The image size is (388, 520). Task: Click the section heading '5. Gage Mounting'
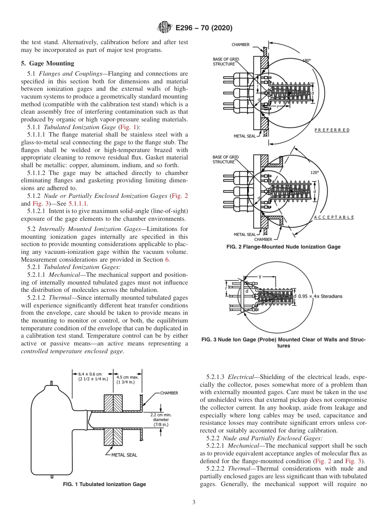[47, 63]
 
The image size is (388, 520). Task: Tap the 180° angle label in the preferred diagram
[306, 61]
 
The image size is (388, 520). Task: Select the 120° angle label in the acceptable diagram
[314, 173]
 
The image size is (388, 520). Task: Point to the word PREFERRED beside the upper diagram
[332, 130]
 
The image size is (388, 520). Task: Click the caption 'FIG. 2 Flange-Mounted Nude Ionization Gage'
[283, 247]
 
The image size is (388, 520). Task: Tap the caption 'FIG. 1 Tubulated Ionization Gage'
[104, 484]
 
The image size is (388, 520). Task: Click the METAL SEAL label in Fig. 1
[124, 455]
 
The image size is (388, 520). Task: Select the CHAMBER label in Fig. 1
[169, 393]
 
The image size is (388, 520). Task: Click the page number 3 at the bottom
[194, 502]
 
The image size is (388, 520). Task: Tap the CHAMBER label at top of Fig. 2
[241, 45]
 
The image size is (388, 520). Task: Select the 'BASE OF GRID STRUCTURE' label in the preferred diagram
[226, 61]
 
